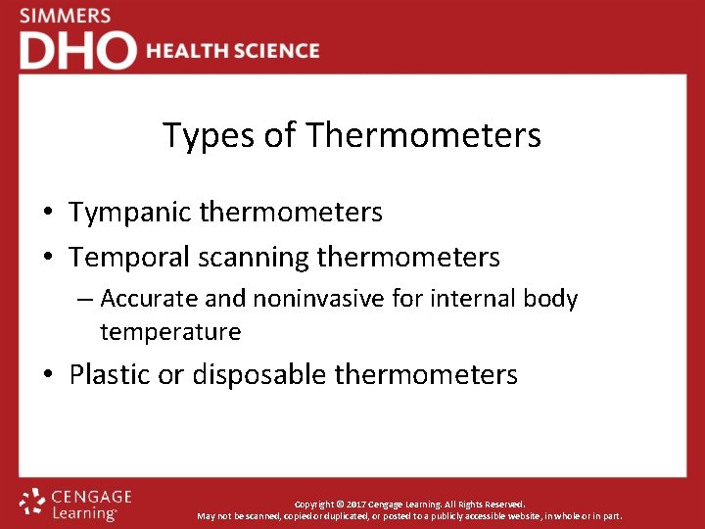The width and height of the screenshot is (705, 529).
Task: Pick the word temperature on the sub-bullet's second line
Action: point(170,332)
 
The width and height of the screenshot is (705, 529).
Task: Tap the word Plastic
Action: point(112,374)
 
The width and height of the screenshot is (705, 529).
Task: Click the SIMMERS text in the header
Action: point(65,17)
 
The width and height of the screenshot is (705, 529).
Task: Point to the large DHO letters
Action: point(77,51)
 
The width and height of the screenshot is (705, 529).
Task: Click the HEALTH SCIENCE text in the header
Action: point(233,51)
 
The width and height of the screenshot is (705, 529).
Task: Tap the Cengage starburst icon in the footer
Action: point(32,502)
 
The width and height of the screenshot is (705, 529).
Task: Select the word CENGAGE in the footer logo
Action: point(90,497)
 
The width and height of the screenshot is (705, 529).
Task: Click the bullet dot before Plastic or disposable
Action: point(48,375)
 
